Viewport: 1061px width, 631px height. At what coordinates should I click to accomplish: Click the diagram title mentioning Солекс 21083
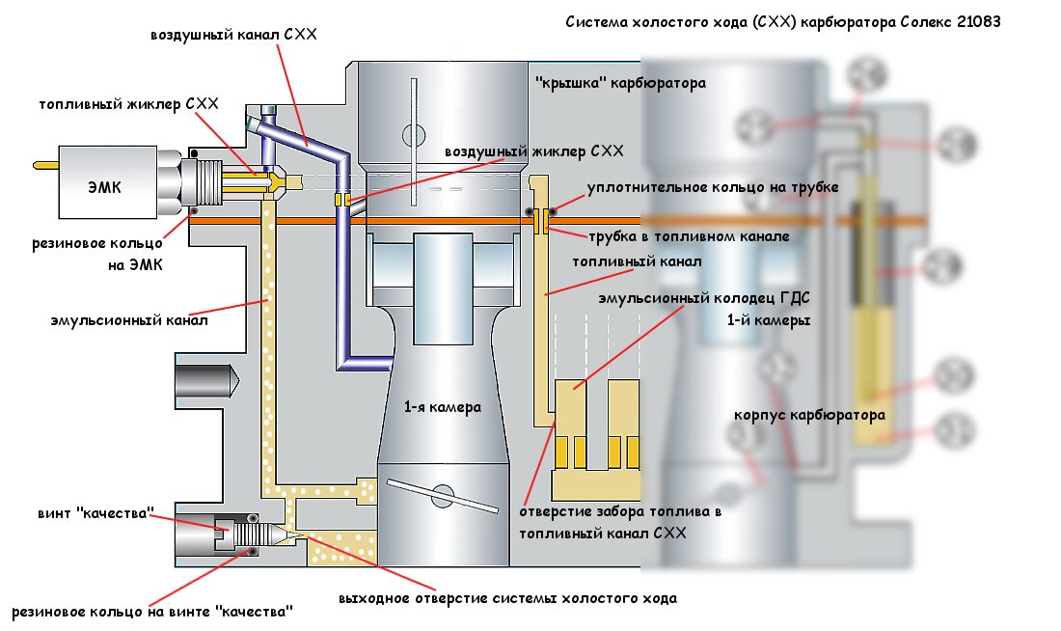click(x=783, y=21)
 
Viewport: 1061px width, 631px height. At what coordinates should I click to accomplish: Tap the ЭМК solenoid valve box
click(x=108, y=182)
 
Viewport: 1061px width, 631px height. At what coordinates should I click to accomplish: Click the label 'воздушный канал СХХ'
click(x=233, y=34)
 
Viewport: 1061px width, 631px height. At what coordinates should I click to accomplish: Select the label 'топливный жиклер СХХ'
click(x=128, y=103)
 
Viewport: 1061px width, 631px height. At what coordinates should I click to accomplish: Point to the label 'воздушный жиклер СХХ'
click(x=534, y=151)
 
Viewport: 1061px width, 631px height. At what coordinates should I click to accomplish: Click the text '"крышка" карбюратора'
click(x=620, y=83)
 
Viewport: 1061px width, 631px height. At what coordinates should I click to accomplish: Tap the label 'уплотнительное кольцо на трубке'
click(x=713, y=187)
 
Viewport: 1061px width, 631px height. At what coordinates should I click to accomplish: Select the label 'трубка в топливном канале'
click(x=689, y=236)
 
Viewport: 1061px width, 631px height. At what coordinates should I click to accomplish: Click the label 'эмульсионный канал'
click(x=129, y=319)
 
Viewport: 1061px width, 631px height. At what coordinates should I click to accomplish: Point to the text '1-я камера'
click(x=443, y=407)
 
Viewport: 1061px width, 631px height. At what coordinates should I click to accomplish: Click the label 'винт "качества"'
click(x=95, y=513)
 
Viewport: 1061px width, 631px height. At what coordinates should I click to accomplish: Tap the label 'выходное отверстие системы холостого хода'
click(x=507, y=598)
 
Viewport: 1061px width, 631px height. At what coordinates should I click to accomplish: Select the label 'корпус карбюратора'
click(x=809, y=415)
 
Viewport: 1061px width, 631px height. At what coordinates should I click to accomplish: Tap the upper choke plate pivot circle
click(x=414, y=135)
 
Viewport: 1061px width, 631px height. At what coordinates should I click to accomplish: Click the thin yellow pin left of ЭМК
click(x=46, y=165)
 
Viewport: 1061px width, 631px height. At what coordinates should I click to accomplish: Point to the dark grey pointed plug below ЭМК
click(x=206, y=381)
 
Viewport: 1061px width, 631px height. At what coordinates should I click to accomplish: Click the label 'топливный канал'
click(x=637, y=261)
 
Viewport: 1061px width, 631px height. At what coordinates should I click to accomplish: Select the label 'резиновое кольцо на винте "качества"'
click(x=152, y=612)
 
